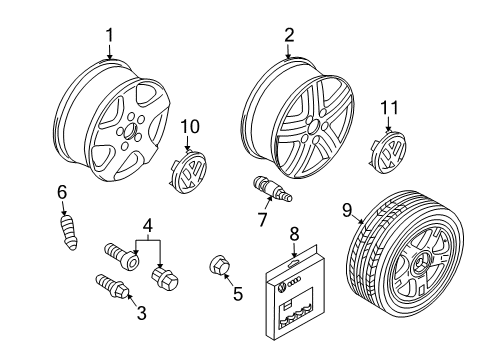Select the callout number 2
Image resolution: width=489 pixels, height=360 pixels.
pos(289,35)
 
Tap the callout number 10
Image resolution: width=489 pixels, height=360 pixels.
pos(190,127)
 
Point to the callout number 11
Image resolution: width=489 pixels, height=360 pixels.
pos(389,108)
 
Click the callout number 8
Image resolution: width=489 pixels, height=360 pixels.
pos(294,234)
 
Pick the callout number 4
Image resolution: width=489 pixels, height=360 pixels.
pos(148,225)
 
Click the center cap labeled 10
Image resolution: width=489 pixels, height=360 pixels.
pos(189,172)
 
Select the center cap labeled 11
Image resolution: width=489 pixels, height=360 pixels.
pos(388,152)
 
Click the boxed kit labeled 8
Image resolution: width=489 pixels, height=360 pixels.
pos(293,293)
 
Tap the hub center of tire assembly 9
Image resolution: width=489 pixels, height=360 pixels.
pos(419,264)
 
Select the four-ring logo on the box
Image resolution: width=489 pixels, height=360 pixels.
pos(293,282)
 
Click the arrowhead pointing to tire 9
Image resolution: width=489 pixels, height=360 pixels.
pos(363,221)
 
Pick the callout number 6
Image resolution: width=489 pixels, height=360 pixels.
pos(62,192)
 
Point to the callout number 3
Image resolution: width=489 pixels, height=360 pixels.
pos(142,313)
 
